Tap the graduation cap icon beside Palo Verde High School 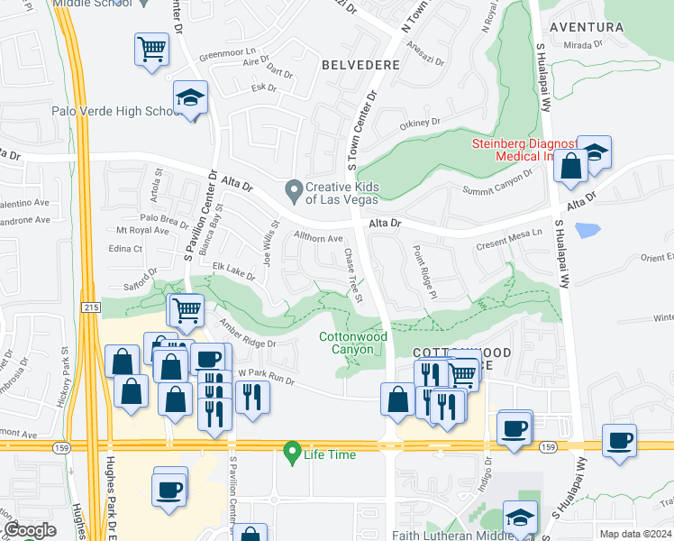[190, 99]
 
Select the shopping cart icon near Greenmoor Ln [152, 49]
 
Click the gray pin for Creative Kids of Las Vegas [293, 189]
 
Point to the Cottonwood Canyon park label [353, 343]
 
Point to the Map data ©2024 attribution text [635, 534]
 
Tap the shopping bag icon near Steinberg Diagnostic [570, 166]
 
